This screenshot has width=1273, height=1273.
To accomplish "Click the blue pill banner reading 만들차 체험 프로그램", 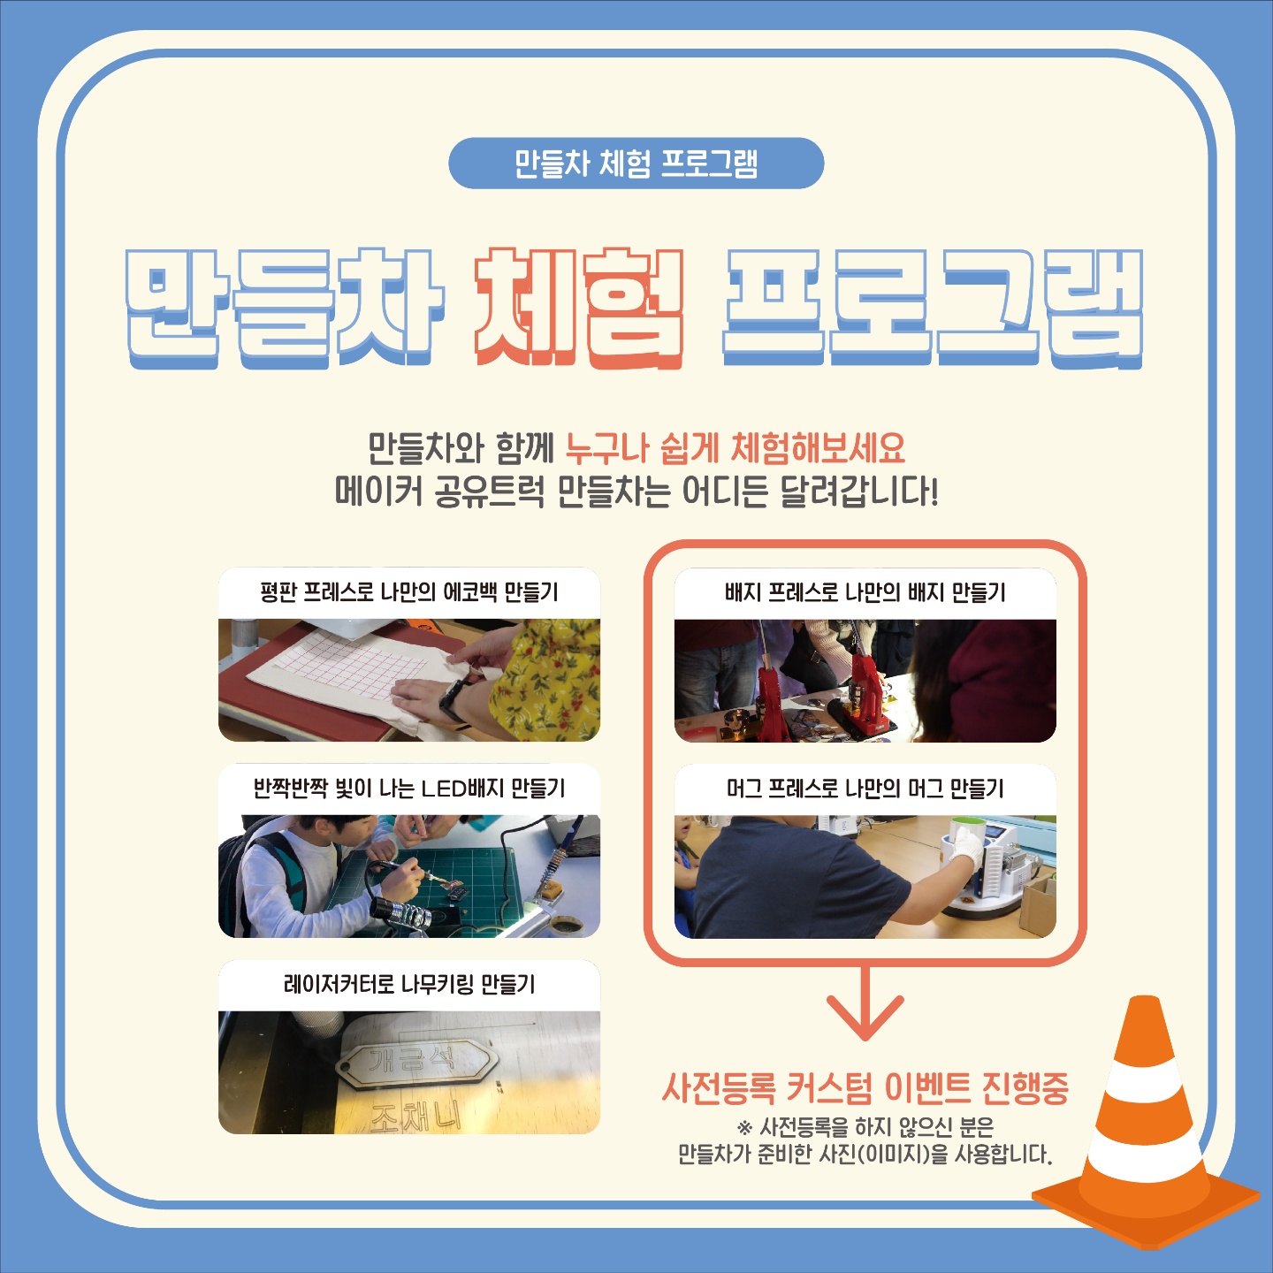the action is (x=636, y=164).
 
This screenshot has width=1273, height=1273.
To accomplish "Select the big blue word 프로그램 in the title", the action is (x=932, y=308).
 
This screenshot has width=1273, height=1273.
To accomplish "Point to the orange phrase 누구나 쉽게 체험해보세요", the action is (x=735, y=448).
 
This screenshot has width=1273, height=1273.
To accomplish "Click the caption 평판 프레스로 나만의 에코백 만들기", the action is (x=409, y=592).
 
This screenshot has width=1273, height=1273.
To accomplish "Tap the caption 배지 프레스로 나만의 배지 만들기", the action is (x=865, y=592).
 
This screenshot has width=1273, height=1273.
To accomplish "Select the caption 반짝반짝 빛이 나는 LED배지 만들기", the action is (x=409, y=788).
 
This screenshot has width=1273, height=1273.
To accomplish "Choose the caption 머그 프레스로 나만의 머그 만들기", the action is (x=865, y=788).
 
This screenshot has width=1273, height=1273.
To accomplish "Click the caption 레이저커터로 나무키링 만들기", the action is (x=409, y=984).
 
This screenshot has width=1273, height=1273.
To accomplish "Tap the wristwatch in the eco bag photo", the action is (x=454, y=699).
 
